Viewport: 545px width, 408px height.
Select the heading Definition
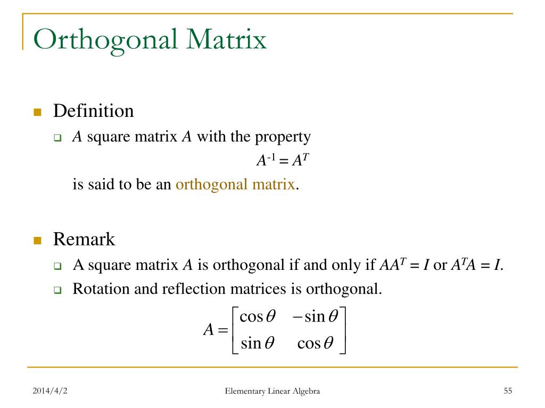click(93, 111)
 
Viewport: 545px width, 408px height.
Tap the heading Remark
click(84, 239)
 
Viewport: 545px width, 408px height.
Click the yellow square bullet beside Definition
click(37, 112)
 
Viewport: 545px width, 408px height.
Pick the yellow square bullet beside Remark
click(37, 240)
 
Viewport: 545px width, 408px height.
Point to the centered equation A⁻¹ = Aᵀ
click(280, 160)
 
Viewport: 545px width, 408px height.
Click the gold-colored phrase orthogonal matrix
click(235, 184)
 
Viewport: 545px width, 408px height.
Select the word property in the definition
click(283, 137)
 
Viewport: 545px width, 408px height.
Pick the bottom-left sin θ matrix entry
click(258, 343)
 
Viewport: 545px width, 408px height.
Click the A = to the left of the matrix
click(216, 330)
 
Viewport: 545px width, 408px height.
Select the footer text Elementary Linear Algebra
click(272, 392)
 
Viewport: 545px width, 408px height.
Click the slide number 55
click(507, 392)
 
